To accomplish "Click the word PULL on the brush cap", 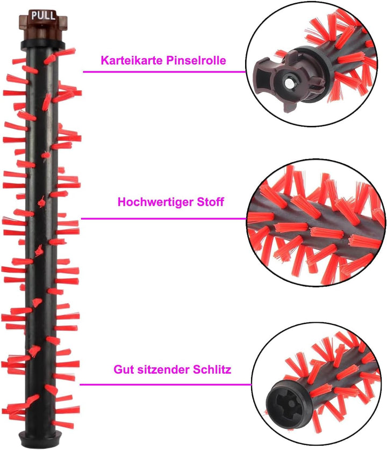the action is [43, 15].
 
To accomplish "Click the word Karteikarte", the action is [132, 60].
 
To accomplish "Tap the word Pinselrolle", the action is [197, 60].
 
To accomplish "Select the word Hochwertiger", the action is [155, 202].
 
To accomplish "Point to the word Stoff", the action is [210, 202].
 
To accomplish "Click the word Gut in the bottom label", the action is [124, 369].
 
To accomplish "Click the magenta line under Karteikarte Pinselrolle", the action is [164, 72].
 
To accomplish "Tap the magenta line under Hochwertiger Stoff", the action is [164, 219].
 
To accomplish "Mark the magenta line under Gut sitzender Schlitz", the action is [166, 384].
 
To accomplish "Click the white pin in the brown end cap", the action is [288, 83].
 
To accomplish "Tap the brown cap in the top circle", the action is [288, 81].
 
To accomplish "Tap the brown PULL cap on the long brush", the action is [43, 25].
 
